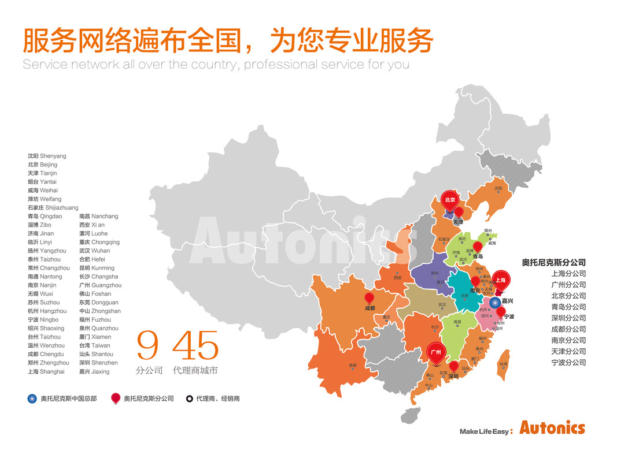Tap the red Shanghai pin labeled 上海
coord(501,280)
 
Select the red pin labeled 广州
coord(435,352)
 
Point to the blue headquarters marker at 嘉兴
coord(495,302)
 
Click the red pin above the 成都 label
coord(369,298)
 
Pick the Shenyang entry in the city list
coord(47,156)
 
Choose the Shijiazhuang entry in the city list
coord(53,208)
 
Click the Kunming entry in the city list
coord(97,268)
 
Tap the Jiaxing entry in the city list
coord(94,371)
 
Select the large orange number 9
coord(147,346)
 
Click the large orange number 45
coord(196,346)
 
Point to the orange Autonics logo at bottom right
coord(552,429)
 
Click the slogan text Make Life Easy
coord(485,431)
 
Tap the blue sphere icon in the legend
coord(32,398)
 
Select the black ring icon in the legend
coord(189,398)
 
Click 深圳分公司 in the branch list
coord(568,318)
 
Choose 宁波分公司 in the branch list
coord(568,363)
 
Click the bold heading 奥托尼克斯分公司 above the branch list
coord(553,263)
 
